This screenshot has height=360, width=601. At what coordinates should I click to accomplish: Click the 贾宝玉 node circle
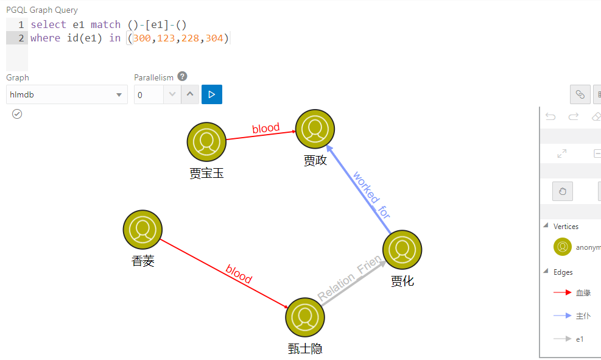[206, 142]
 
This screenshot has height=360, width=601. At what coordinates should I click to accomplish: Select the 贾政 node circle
[315, 130]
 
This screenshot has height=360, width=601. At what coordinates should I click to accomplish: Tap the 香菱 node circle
[143, 230]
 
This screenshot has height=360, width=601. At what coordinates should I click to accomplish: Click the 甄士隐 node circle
[304, 317]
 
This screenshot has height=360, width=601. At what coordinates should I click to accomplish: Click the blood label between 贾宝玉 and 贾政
[266, 129]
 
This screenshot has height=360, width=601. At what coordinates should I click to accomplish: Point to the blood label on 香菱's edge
[239, 274]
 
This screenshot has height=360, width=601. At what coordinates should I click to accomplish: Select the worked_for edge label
[371, 195]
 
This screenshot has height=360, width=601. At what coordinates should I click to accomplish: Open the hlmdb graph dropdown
[67, 94]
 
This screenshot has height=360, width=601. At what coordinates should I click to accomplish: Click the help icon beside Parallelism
[182, 77]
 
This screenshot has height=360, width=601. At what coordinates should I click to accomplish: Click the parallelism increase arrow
[191, 94]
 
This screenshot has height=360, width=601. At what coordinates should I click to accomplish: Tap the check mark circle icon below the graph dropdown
[17, 114]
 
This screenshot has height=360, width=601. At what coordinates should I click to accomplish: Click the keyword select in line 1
[48, 25]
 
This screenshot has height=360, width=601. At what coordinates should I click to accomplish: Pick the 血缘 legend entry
[583, 293]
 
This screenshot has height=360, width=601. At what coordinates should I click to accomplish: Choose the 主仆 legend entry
[583, 316]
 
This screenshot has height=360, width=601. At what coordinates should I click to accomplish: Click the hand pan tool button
[562, 191]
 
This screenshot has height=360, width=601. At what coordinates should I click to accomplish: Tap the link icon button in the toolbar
[580, 94]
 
